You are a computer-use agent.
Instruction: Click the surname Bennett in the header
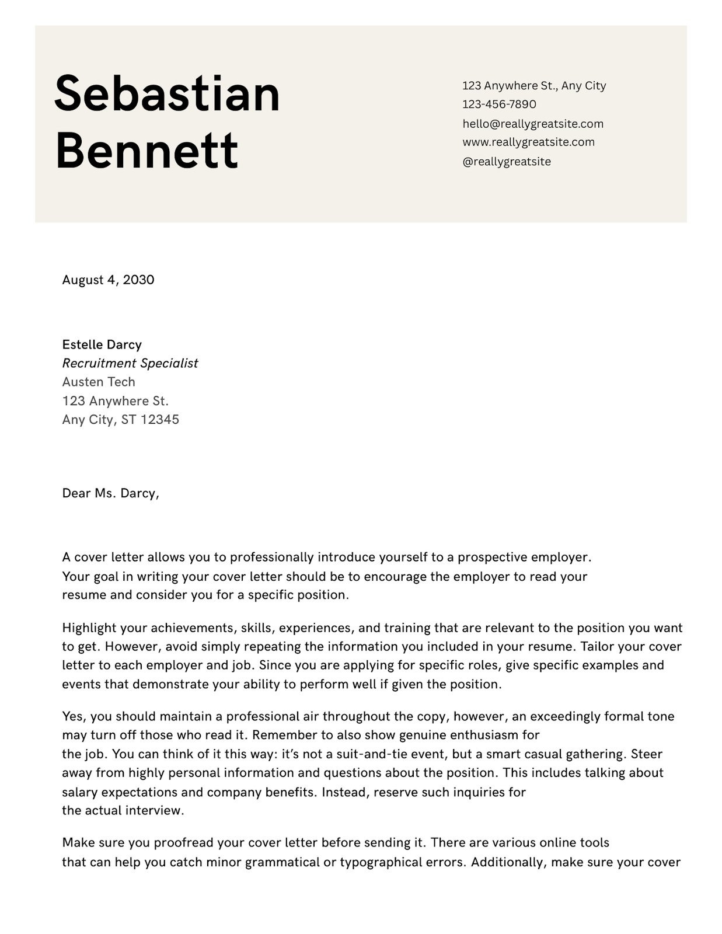tap(147, 150)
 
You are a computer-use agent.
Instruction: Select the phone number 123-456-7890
tap(499, 104)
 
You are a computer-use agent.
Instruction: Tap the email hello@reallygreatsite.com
tap(533, 124)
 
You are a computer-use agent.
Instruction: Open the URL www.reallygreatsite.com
tap(528, 142)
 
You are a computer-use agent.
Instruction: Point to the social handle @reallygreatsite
tap(506, 162)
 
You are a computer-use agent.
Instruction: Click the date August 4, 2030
tap(108, 280)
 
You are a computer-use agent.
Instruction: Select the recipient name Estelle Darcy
tap(102, 344)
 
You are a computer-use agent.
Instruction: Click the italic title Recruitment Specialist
tap(130, 363)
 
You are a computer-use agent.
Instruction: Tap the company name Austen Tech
tap(98, 382)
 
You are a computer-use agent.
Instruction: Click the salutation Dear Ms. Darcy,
tap(110, 493)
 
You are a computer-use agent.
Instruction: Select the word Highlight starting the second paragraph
tap(89, 629)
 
